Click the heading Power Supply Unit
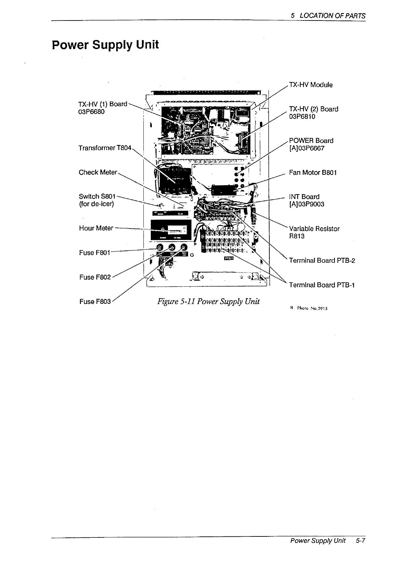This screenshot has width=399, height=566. coord(105,45)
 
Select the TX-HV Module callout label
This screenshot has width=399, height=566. coord(311,85)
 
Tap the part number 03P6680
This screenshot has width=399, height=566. coord(91,112)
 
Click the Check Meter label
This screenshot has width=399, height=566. coord(98,172)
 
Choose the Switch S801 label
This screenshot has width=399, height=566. coord(97,196)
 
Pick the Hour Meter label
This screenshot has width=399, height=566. coord(96,228)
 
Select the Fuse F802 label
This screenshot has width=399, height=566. coord(95,277)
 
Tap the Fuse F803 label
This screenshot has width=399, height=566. coord(95,301)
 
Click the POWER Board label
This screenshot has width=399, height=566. coord(311,140)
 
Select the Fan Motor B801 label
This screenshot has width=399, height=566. coord(313,172)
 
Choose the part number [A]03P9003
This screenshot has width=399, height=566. coord(307,204)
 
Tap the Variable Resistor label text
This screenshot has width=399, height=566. coord(314,229)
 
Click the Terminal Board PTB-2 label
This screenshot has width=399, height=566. coord(322,260)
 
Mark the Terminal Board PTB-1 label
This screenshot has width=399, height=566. coord(322,285)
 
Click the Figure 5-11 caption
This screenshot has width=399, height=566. coord(208,301)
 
